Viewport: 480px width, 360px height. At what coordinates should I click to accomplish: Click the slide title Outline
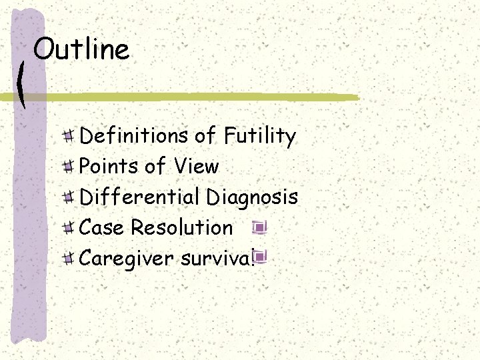(x=81, y=50)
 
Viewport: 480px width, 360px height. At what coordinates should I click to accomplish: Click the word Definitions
(x=134, y=136)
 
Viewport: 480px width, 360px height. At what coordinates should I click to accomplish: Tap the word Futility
(x=260, y=137)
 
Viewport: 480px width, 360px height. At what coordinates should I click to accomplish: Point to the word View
(x=197, y=166)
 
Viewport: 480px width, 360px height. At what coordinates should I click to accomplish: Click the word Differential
(x=139, y=197)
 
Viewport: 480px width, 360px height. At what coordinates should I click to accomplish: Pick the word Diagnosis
(x=252, y=197)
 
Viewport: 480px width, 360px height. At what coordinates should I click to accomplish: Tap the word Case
(x=103, y=227)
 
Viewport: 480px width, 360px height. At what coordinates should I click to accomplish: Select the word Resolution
(x=181, y=227)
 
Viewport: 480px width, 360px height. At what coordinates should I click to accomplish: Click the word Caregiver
(x=127, y=259)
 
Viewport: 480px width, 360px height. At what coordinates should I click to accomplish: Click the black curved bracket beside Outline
(x=21, y=83)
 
